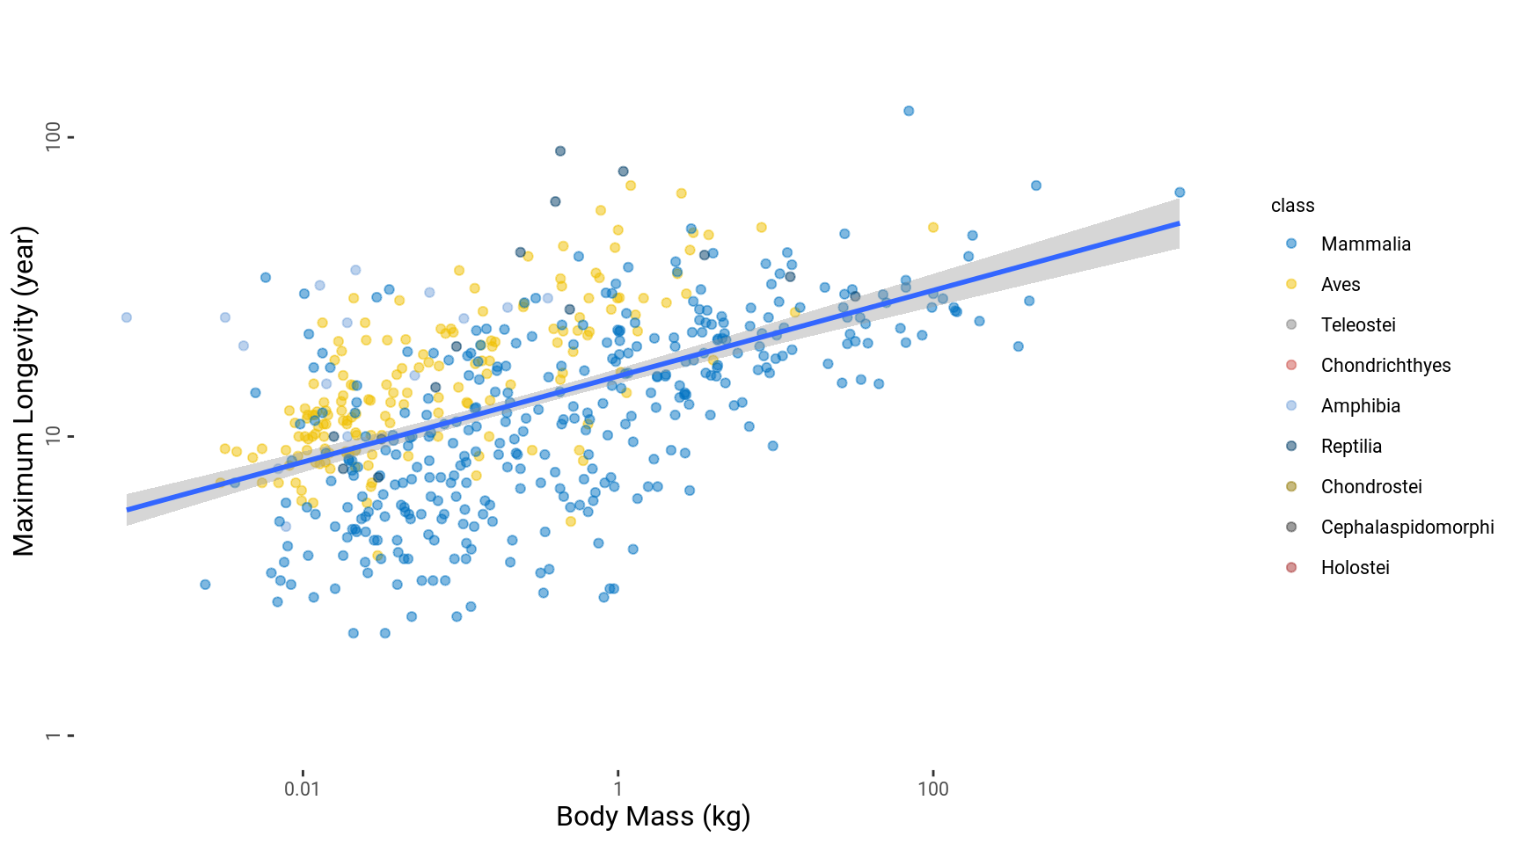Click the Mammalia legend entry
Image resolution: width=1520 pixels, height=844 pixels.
1365,244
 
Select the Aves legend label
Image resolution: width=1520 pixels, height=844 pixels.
1340,285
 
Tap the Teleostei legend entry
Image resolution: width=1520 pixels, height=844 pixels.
1358,325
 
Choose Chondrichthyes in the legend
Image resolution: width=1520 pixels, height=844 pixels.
1385,366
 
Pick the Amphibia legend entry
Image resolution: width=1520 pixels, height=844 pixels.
1360,406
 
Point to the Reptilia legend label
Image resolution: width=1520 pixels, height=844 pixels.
1351,447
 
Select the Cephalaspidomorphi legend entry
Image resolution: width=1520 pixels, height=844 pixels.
1407,527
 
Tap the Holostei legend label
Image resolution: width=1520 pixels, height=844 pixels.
1355,568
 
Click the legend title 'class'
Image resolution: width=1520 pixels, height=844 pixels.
1292,206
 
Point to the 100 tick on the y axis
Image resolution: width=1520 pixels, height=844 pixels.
54,137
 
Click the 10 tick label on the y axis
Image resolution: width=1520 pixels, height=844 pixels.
54,436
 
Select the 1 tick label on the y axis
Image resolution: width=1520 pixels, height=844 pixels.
54,735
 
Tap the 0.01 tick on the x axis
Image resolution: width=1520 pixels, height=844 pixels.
302,789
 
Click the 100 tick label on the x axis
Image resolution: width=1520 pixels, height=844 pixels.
932,789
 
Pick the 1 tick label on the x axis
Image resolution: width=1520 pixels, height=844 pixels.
617,789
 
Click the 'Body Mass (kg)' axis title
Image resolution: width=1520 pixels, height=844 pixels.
653,817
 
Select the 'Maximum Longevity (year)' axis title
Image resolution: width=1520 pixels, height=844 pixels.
24,391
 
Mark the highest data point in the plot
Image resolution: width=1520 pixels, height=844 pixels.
909,111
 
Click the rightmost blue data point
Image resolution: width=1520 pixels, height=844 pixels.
1180,193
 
